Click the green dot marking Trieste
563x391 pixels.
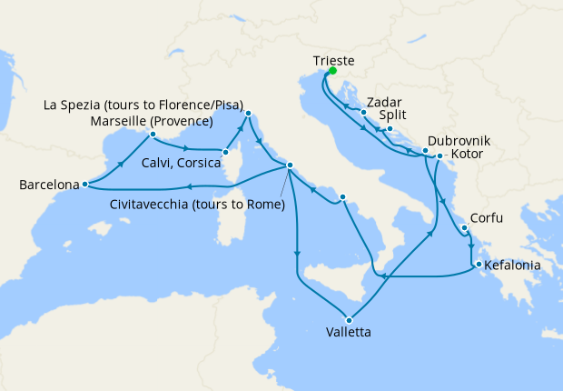pos(332,71)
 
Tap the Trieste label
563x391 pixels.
pos(333,59)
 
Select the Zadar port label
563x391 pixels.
pos(386,102)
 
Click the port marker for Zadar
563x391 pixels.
pos(363,113)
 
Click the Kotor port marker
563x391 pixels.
pos(440,155)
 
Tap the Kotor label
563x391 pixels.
pos(468,155)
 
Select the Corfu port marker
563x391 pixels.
pos(463,229)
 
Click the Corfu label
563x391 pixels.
pos(487,220)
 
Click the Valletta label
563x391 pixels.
pos(349,332)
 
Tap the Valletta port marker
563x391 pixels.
pos(349,318)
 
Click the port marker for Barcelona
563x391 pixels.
pos(84,185)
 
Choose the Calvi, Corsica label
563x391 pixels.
pos(181,163)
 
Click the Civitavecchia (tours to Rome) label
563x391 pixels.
pos(198,204)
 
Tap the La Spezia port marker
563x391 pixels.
pos(246,114)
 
